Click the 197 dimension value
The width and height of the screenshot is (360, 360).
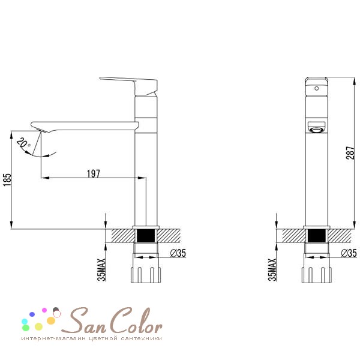[x=94, y=173]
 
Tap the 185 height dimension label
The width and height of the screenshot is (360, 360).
[x=7, y=180]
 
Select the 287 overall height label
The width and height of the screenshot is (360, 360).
[x=350, y=152]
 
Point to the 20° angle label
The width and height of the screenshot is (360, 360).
[x=23, y=143]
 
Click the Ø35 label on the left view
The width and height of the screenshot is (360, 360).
[x=178, y=253]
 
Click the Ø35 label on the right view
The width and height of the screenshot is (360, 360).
[x=349, y=253]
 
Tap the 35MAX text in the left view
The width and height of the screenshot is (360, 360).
[x=101, y=270]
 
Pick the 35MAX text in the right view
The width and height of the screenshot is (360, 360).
[x=272, y=270]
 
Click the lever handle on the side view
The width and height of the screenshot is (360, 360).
[x=128, y=86]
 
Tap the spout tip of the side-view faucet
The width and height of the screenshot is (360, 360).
[x=39, y=127]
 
